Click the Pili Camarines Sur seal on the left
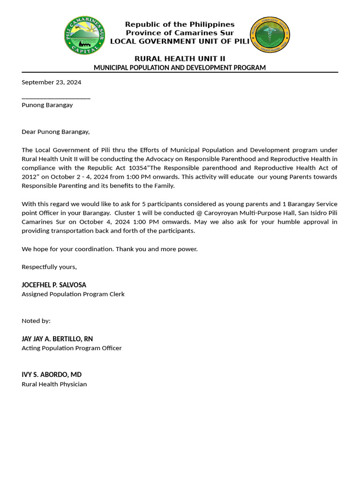(x=84, y=35)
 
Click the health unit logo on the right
(x=270, y=35)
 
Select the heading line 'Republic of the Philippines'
(x=180, y=24)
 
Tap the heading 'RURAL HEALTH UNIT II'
(x=180, y=59)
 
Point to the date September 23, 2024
(x=51, y=82)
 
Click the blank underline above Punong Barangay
(x=56, y=98)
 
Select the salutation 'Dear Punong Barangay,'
(x=55, y=132)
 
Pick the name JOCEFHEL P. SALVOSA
(x=54, y=285)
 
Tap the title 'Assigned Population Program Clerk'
(x=73, y=294)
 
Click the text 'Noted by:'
(x=36, y=321)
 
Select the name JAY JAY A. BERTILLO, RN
(x=57, y=339)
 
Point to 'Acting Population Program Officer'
(x=72, y=348)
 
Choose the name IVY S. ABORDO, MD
(x=52, y=375)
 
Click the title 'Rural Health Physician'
(x=54, y=384)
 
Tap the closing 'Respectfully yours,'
(x=49, y=267)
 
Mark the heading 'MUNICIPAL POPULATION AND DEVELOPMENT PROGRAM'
(x=180, y=67)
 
